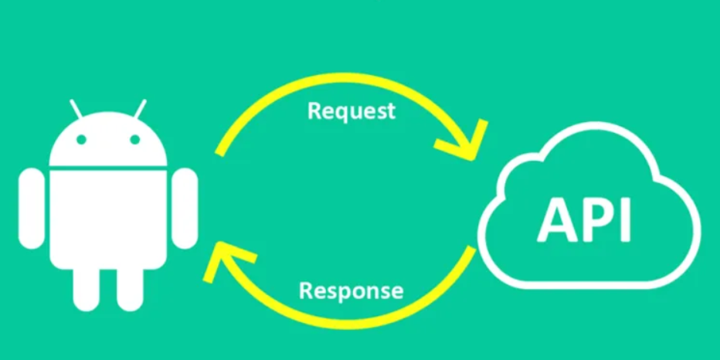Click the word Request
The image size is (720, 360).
[351, 110]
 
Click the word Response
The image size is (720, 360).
[351, 291]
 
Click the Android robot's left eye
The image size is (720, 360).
[81, 140]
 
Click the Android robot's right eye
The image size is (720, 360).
[134, 140]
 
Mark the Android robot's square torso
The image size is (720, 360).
[108, 216]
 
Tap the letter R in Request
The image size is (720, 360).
[314, 110]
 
